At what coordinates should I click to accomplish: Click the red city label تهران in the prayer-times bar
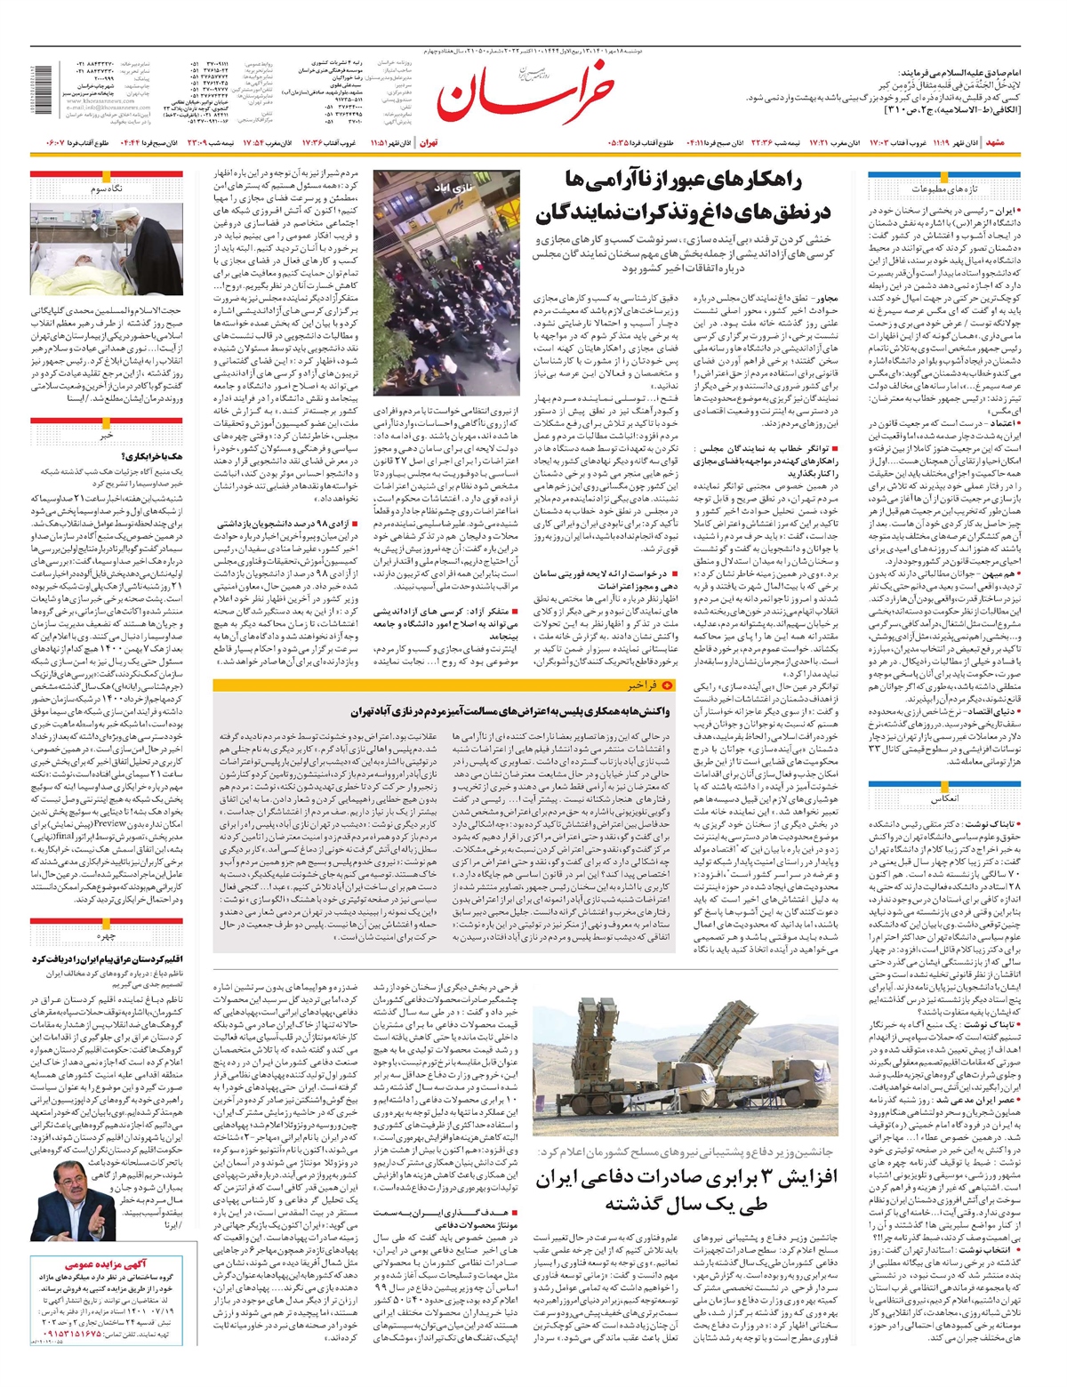click(x=429, y=142)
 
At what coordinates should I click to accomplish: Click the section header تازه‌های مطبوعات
click(x=943, y=189)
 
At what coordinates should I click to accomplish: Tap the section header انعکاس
click(x=943, y=799)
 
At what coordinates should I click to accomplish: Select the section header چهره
click(x=107, y=937)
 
